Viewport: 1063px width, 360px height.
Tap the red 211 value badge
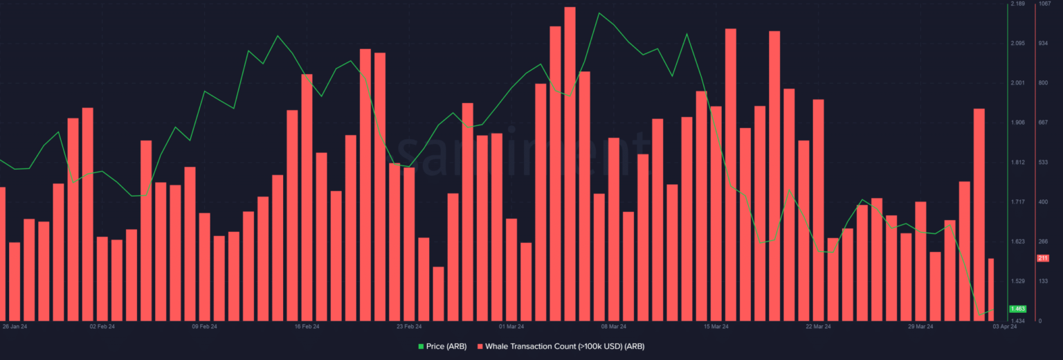1043,258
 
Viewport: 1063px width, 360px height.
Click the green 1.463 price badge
1017,309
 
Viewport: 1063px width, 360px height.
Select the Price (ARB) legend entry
442,345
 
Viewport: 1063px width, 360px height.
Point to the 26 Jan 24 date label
15,326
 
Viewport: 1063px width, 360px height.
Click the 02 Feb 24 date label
102,326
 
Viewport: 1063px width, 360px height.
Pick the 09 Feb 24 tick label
204,326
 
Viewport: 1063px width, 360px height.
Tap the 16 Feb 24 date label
307,326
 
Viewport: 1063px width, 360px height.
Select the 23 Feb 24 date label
409,326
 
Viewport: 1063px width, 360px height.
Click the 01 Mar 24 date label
511,326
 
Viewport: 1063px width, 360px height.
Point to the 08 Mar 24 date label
613,326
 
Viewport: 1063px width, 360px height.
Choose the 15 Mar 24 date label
716,326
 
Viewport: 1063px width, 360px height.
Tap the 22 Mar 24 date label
818,326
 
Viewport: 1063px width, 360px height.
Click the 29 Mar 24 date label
920,326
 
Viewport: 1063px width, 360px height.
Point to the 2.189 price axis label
1017,4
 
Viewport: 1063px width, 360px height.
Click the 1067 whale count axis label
1044,4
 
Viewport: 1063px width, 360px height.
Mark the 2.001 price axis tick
1017,83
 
